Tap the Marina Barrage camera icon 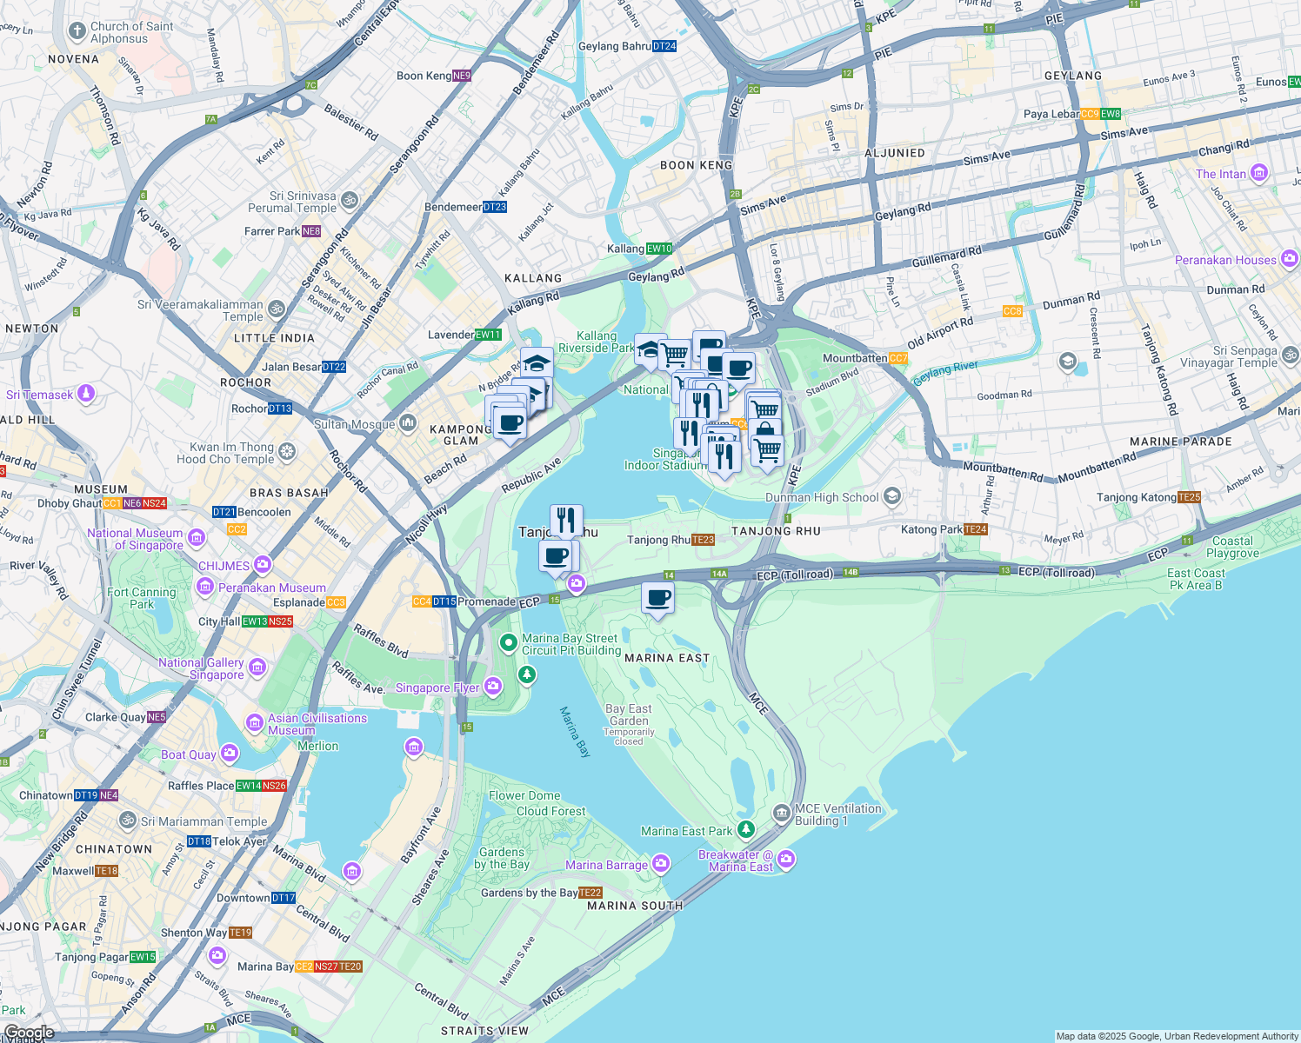(661, 863)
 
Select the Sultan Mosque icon (408, 424)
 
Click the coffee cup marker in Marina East (658, 599)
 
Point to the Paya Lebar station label (1051, 114)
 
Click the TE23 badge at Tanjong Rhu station (704, 540)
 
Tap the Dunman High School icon (891, 496)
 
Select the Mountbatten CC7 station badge (898, 358)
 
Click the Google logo (29, 1033)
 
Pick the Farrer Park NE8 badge (311, 231)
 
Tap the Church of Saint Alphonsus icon (77, 32)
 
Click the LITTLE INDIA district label (274, 338)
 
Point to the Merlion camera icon (414, 747)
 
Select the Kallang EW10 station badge (660, 249)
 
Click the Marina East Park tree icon (745, 830)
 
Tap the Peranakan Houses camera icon (1289, 258)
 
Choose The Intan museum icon (1258, 173)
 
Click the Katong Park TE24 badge (977, 529)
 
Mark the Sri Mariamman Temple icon (128, 820)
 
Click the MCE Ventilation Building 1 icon (782, 813)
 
